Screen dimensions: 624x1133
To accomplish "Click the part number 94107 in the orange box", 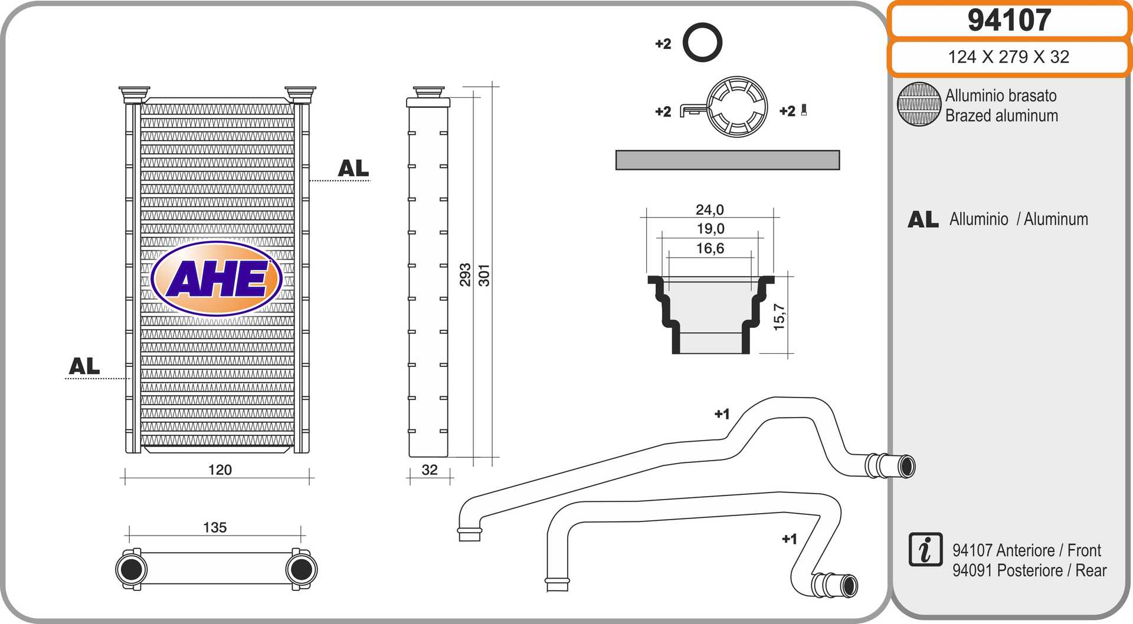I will click(x=1009, y=20).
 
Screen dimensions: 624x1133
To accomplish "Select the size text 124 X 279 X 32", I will click(x=1008, y=57).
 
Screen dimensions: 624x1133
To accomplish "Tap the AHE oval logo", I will click(x=217, y=278).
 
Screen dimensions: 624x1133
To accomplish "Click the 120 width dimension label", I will click(x=220, y=470).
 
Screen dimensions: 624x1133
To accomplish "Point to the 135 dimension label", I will click(x=215, y=527).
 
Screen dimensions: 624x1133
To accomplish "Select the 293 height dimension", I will click(x=466, y=275).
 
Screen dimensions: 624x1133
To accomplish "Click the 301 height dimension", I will click(x=484, y=275).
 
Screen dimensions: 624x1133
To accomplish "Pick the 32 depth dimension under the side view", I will click(x=430, y=470).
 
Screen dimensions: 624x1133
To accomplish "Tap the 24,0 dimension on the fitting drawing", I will click(x=709, y=210).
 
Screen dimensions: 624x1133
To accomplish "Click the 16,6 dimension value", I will click(x=710, y=248).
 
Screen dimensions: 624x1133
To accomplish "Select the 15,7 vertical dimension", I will click(x=780, y=317).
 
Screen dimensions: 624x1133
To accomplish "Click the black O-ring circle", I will click(x=702, y=42).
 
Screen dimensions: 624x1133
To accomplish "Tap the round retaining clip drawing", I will click(x=737, y=107).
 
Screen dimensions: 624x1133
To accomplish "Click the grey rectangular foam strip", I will click(x=727, y=160).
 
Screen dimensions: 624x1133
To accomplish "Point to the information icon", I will click(x=925, y=550).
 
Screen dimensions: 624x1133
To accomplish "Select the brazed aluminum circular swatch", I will click(x=919, y=104).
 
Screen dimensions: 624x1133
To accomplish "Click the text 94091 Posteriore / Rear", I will click(x=1029, y=570).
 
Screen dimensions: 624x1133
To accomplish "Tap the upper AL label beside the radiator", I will click(x=353, y=169).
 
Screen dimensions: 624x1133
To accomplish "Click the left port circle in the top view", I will click(x=130, y=569).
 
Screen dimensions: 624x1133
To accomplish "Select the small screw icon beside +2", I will click(x=804, y=110).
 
